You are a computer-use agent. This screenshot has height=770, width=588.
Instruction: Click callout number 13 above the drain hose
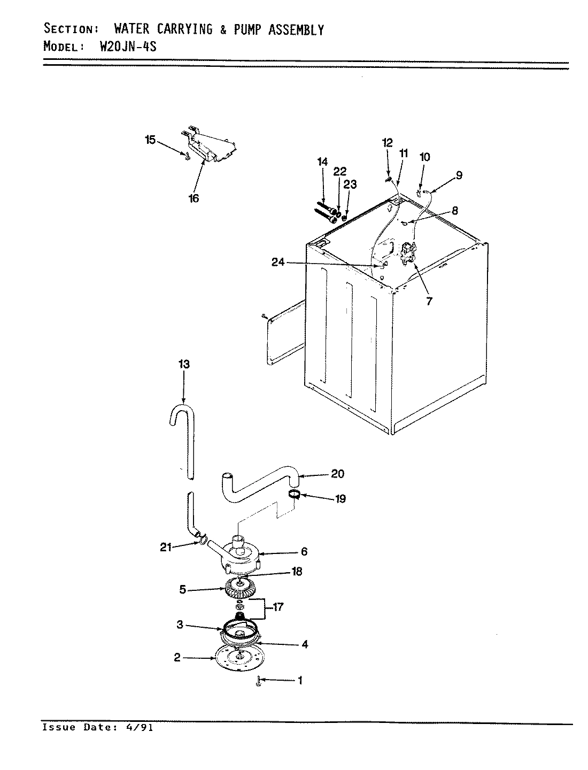(184, 365)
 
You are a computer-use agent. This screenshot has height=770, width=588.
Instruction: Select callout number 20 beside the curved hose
(338, 474)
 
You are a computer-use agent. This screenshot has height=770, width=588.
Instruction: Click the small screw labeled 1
(258, 681)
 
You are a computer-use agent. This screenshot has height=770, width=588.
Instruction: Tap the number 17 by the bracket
(277, 607)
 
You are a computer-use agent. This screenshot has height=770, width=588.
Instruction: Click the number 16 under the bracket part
(194, 198)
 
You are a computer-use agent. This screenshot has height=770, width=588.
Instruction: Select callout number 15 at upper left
(150, 140)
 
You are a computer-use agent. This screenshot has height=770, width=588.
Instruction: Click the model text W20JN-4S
(128, 46)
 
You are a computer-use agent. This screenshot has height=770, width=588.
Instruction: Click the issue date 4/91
(141, 728)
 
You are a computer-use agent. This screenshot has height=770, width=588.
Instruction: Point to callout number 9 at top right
(459, 175)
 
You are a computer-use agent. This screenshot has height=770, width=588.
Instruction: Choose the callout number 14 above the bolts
(322, 161)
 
